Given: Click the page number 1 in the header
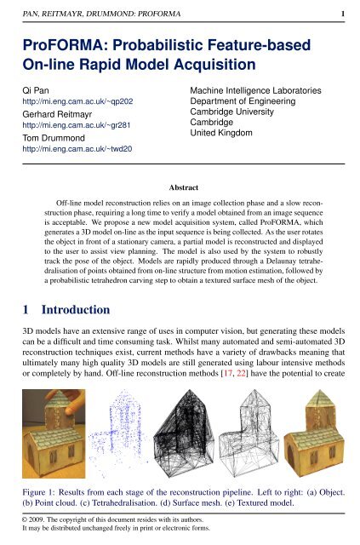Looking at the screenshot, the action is [x=342, y=14].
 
